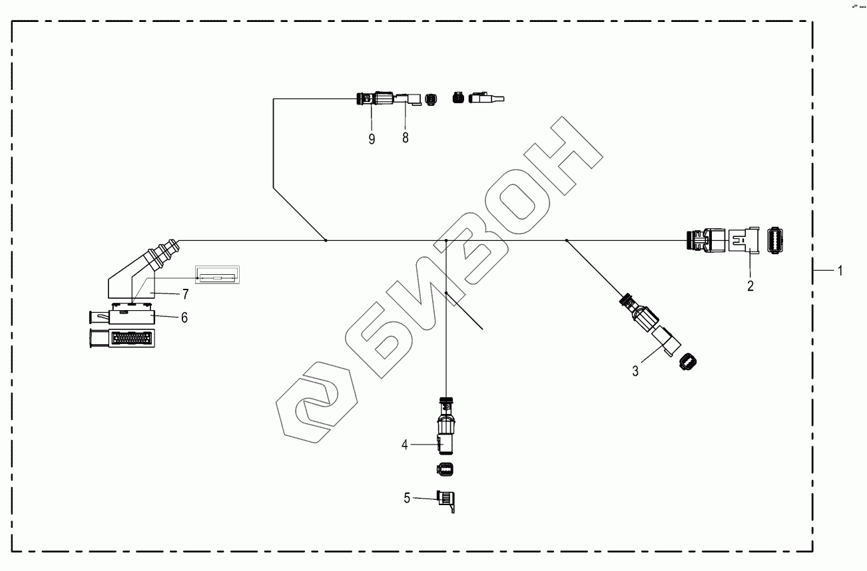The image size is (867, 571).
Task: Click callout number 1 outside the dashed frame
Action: pos(840,270)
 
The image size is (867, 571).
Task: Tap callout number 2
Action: pos(750,286)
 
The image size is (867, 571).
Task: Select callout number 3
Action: pos(635,371)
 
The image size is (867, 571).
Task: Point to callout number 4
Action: pos(404,444)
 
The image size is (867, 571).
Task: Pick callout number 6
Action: pos(184,317)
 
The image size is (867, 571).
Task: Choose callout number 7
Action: pos(185,293)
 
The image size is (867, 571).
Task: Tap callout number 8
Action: pos(405,138)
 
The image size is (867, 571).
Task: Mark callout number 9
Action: pos(372,138)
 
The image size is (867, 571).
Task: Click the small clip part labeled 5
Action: pos(447,500)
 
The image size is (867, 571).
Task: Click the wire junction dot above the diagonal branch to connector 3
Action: pos(566,240)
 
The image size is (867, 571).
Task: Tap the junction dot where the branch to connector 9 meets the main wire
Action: pos(325,240)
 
